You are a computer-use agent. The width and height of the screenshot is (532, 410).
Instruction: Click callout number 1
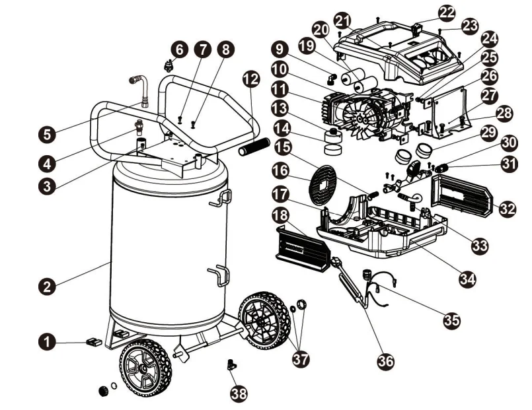(x=47, y=341)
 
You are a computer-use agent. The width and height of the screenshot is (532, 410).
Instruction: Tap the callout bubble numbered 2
(x=46, y=286)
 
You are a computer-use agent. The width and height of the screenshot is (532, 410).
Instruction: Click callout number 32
(x=508, y=209)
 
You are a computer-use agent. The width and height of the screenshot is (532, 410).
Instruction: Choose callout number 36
(x=385, y=360)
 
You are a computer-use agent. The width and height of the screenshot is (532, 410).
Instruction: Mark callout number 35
(x=451, y=320)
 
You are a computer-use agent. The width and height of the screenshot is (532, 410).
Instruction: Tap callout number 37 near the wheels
(x=301, y=359)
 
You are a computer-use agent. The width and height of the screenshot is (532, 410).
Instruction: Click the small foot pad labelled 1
(x=93, y=341)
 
